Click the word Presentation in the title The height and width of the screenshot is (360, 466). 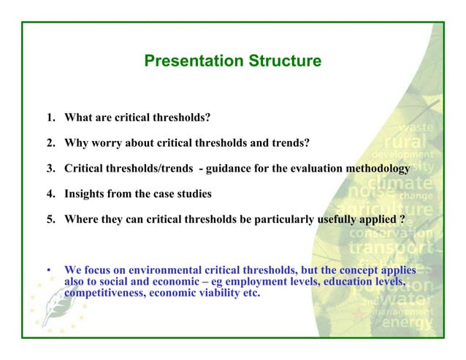coord(188,61)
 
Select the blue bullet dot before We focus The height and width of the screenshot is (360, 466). coord(49,271)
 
